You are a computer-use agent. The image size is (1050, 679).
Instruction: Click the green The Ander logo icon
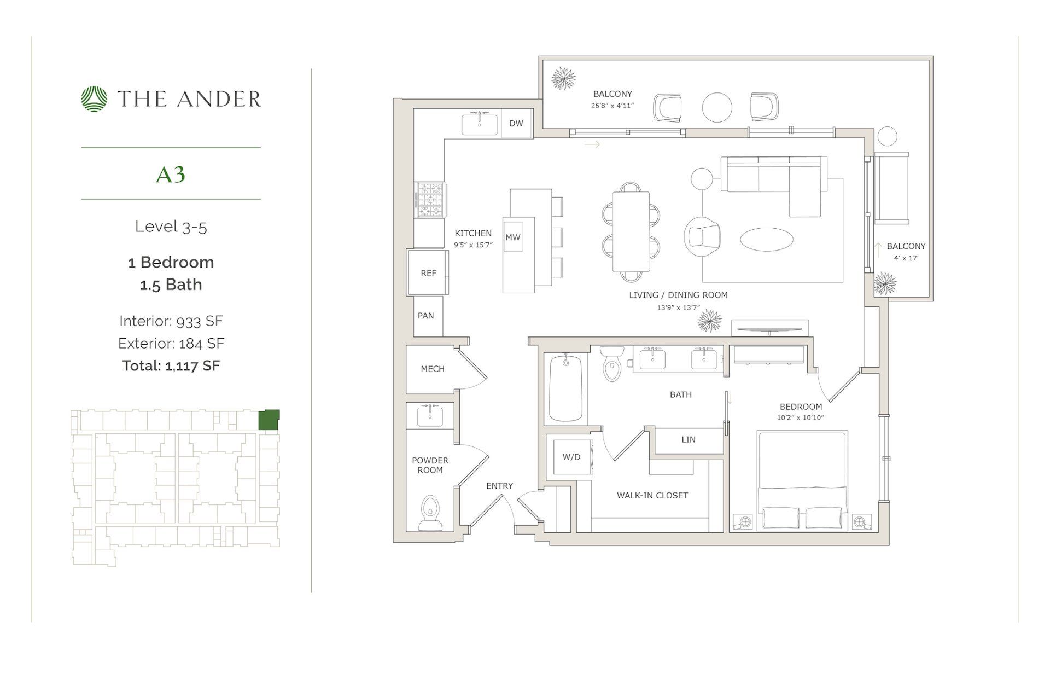(95, 99)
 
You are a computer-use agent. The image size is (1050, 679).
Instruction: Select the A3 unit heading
(171, 175)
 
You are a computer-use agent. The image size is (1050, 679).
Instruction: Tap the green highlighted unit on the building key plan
(269, 420)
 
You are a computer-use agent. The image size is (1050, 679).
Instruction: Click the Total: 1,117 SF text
(171, 365)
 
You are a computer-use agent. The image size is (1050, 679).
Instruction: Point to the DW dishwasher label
(516, 124)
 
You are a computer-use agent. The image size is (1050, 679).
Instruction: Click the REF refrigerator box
(428, 272)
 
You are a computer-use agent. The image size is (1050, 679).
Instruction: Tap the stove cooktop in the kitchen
(430, 200)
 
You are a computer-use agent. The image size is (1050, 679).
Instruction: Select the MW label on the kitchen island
(512, 237)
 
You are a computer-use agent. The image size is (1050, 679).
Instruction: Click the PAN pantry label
(425, 316)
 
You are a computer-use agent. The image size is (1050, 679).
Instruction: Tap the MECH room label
(432, 369)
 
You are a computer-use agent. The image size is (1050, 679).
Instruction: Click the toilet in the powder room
(431, 513)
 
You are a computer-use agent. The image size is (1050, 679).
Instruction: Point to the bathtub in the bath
(565, 388)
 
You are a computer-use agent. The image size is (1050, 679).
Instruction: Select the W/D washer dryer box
(571, 457)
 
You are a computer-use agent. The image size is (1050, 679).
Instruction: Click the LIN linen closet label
(688, 439)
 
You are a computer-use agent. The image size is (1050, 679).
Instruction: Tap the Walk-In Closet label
(652, 495)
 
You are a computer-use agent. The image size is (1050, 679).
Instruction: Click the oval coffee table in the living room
(766, 239)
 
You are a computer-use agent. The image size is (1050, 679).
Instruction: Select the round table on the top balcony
(716, 107)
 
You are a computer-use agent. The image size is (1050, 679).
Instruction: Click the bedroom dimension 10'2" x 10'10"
(800, 417)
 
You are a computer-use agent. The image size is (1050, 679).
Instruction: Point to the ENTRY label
(499, 485)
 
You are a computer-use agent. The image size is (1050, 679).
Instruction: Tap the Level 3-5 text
(171, 227)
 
